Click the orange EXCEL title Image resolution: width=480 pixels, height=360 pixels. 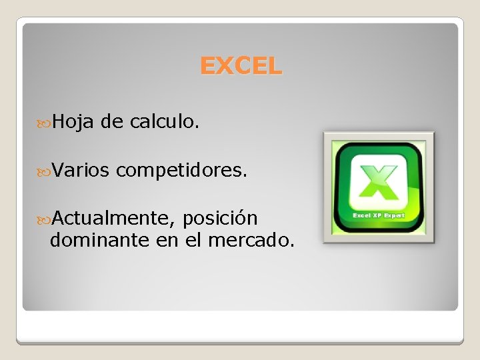pyautogui.click(x=241, y=65)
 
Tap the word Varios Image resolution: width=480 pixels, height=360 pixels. pyautogui.click(x=79, y=171)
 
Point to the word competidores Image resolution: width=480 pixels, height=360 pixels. pyautogui.click(x=181, y=171)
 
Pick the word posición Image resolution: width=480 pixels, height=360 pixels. pyautogui.click(x=219, y=218)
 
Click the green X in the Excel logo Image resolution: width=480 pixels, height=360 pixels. pyautogui.click(x=379, y=179)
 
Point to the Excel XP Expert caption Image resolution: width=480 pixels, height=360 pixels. pyautogui.click(x=379, y=215)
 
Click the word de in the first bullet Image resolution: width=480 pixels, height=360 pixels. pyautogui.click(x=113, y=121)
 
